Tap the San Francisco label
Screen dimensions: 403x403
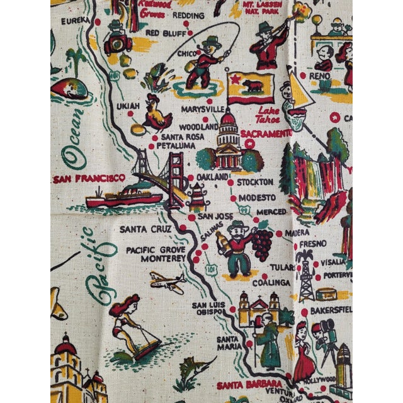coord(89,179)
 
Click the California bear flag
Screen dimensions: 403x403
coord(251,88)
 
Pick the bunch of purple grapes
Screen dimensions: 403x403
coord(263,242)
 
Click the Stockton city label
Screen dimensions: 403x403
coord(255,182)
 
